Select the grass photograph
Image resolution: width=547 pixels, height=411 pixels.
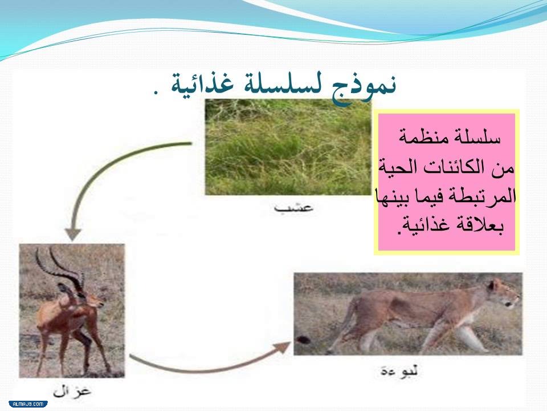tap(288, 147)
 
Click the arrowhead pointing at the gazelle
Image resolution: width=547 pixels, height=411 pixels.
tap(72, 233)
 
